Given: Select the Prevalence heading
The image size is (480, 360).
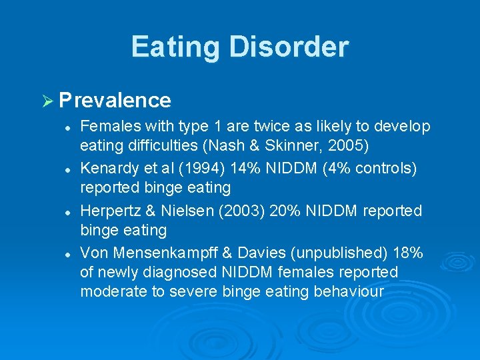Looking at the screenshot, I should pos(115,101).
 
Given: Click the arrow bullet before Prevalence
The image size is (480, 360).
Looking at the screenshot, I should pos(49,101).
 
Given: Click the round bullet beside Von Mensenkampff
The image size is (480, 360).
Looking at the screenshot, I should pos(69,253).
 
